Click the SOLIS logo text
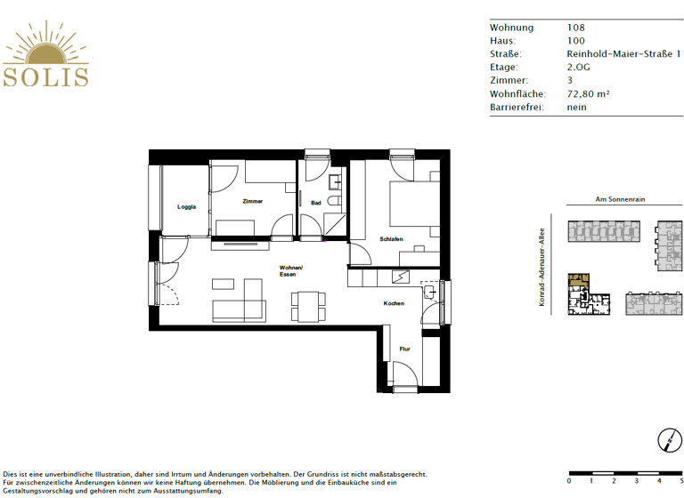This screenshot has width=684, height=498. pyautogui.click(x=45, y=75)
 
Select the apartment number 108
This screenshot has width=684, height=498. pyautogui.click(x=576, y=28)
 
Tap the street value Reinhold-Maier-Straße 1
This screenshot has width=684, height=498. pyautogui.click(x=623, y=54)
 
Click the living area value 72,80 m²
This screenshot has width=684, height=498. pyautogui.click(x=588, y=94)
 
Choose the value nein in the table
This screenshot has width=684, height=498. pyautogui.click(x=576, y=108)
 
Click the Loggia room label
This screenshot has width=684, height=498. pyautogui.click(x=186, y=207)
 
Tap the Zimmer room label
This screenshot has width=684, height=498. pyautogui.click(x=252, y=202)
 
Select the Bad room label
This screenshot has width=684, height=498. pyautogui.click(x=315, y=203)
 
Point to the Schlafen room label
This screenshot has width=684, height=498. pyautogui.click(x=391, y=239)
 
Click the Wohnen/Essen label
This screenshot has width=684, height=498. pyautogui.click(x=291, y=271)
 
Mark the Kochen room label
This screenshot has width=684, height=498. pyautogui.click(x=394, y=303)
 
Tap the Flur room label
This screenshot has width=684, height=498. pyautogui.click(x=404, y=349)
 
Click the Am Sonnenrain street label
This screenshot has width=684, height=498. pyautogui.click(x=619, y=200)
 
